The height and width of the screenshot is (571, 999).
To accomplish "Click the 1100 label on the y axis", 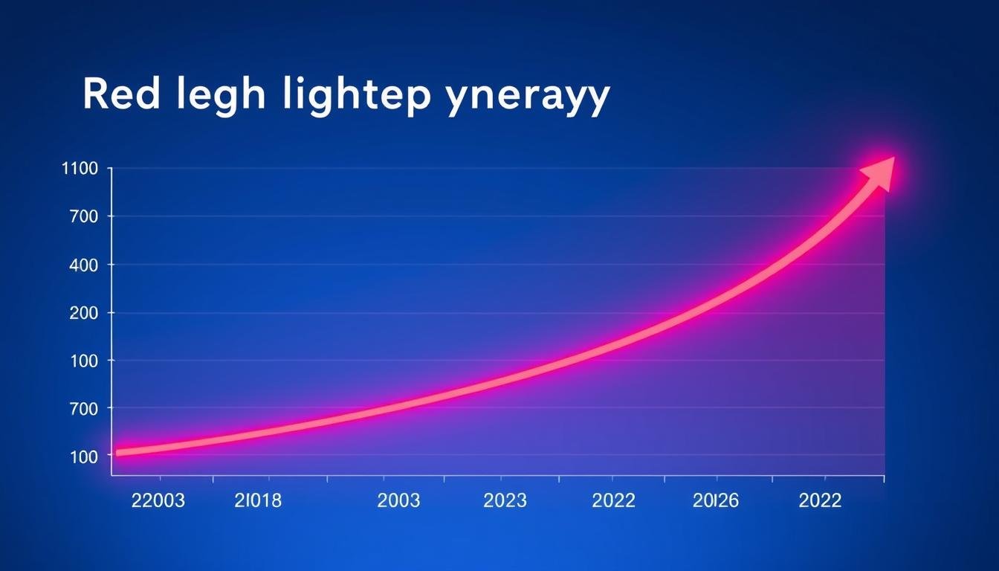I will click(x=80, y=169).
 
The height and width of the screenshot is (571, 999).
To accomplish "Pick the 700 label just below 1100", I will click(x=83, y=216).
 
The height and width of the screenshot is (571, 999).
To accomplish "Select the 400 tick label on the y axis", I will click(x=83, y=265).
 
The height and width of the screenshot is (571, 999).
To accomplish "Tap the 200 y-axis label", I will click(x=83, y=313).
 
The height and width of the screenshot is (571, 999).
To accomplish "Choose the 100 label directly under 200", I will click(x=83, y=361).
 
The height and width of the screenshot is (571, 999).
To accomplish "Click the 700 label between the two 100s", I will click(x=83, y=408).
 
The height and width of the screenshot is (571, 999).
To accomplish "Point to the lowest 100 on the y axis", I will click(x=83, y=457).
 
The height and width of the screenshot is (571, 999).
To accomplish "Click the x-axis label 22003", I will click(x=158, y=501).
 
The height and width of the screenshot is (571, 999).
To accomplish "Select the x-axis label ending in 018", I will click(x=258, y=501).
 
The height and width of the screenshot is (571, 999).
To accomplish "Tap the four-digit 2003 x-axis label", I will click(x=398, y=501).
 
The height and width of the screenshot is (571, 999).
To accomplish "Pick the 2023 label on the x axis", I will click(x=505, y=501).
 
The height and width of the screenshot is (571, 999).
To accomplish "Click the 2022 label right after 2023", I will click(x=613, y=501).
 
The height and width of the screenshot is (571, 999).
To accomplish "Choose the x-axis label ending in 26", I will click(x=715, y=501).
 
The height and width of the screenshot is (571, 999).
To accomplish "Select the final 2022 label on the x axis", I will click(x=820, y=501).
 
